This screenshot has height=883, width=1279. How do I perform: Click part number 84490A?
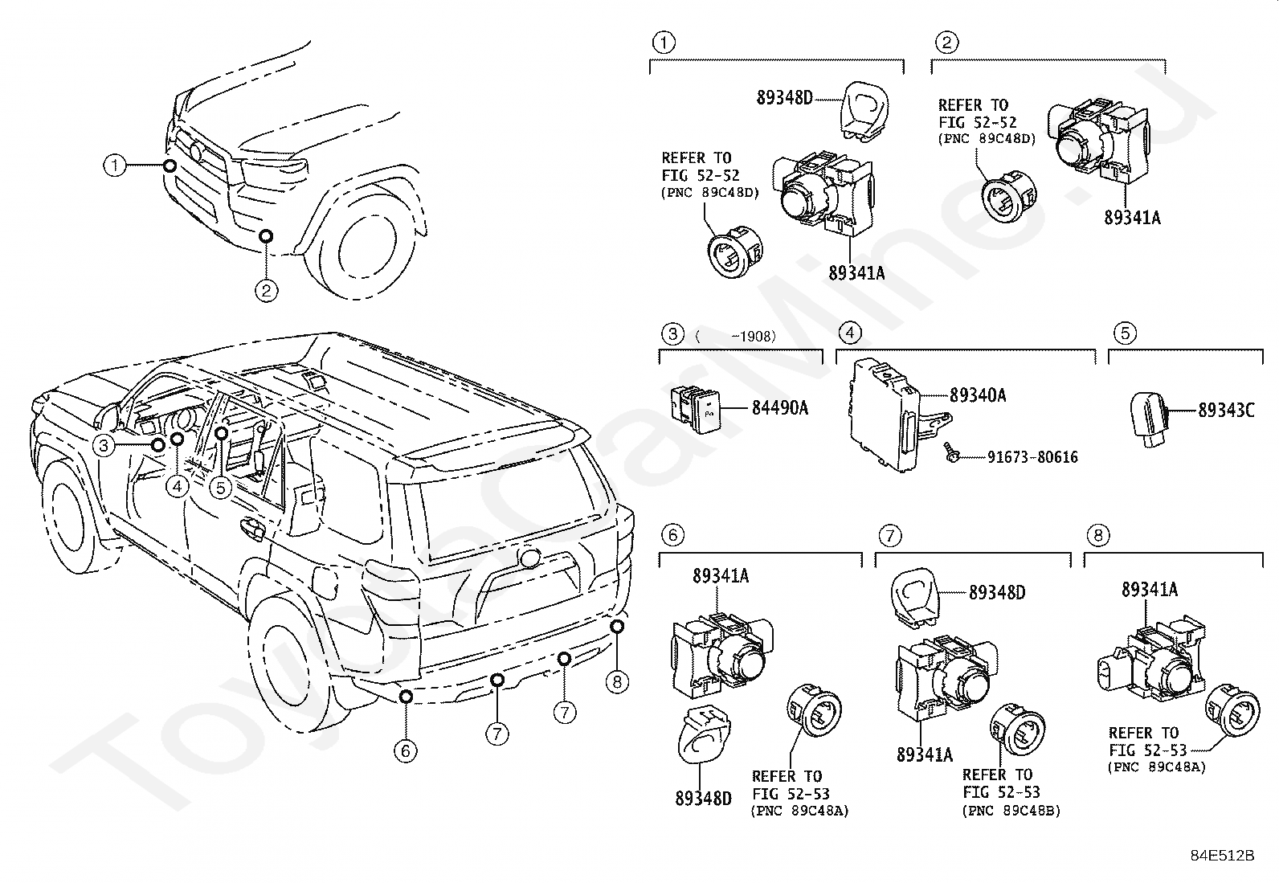point(779,408)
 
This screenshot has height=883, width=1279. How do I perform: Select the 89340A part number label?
point(978,394)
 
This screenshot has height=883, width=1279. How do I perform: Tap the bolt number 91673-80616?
point(1032,457)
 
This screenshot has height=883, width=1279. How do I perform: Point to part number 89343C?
point(1226,410)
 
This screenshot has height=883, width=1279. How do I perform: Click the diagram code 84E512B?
point(1223,855)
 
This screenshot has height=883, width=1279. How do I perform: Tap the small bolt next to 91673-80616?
point(952,452)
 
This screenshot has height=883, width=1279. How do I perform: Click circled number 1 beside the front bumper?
point(115,166)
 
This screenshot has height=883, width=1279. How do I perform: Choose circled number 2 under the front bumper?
point(266,290)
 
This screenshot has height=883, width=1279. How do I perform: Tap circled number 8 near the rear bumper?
point(617,681)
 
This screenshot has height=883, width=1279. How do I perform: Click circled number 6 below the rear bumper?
point(406,750)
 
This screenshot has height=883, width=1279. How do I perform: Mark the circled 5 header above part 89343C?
point(1125,333)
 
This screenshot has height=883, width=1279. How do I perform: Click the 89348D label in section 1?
point(785,98)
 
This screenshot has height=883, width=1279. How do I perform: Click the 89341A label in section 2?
point(1132,218)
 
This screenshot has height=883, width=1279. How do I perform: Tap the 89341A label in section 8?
point(1150,590)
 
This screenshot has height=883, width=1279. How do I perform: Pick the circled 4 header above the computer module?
point(850,333)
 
